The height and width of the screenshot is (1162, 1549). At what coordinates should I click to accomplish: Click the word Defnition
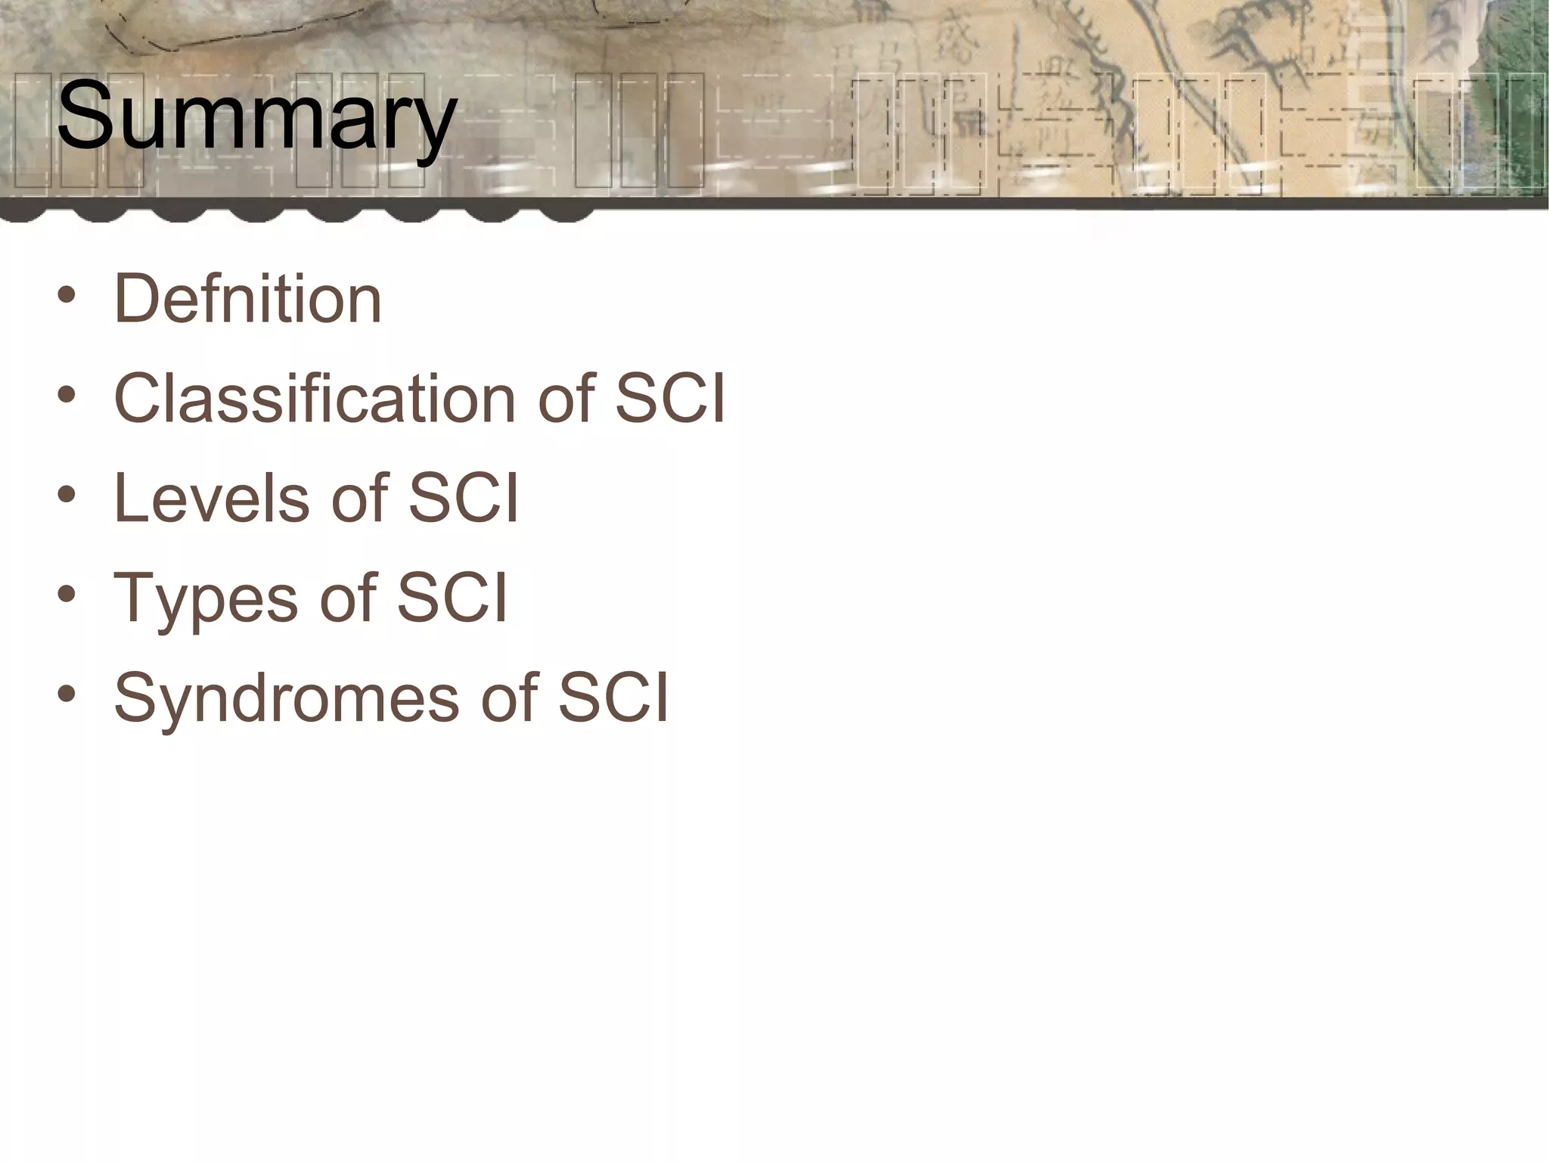click(x=247, y=300)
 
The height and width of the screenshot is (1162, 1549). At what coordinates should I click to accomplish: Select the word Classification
click(x=315, y=399)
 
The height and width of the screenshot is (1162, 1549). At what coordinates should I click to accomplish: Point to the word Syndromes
click(x=287, y=700)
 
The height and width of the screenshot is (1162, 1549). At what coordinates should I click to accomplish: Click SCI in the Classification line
click(x=669, y=399)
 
